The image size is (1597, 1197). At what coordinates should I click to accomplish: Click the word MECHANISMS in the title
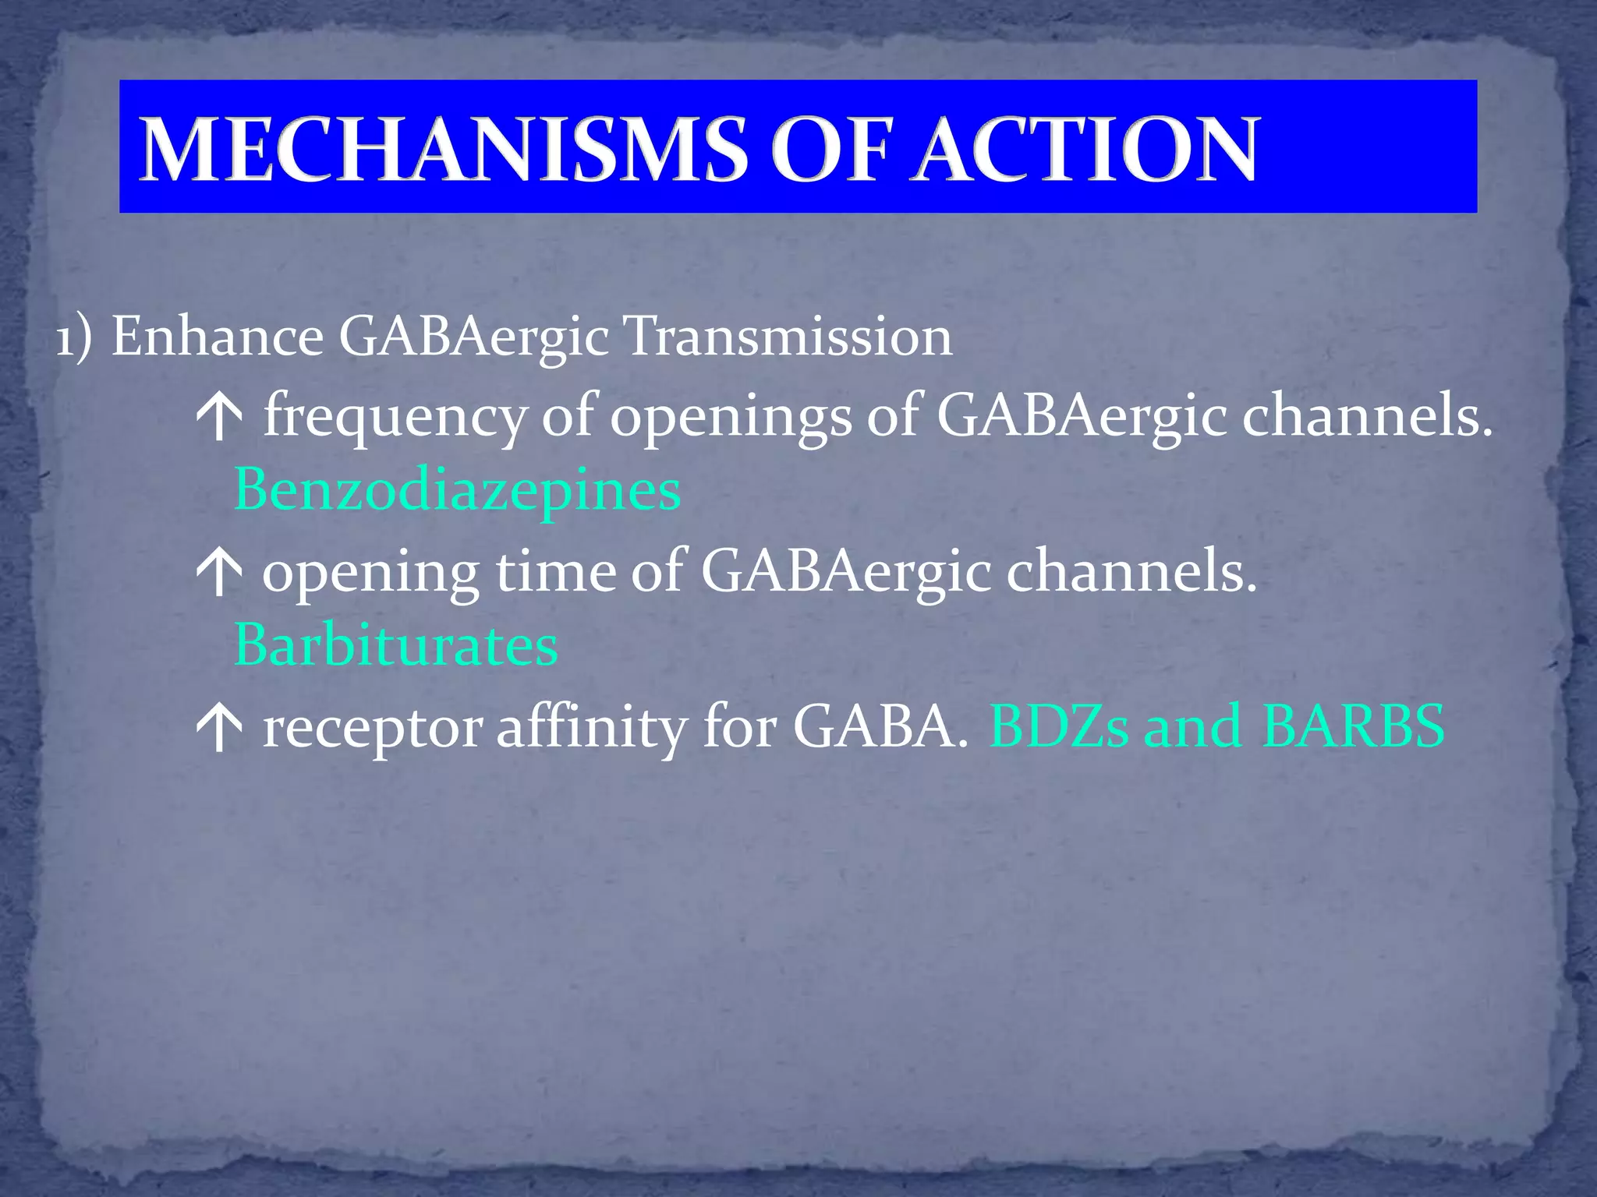[443, 150]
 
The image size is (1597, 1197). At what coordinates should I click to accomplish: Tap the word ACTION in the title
[1085, 150]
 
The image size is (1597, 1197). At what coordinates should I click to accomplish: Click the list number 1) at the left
[74, 337]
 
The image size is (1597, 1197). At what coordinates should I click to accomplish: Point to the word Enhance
[218, 337]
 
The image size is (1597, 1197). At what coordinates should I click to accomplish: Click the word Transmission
[788, 337]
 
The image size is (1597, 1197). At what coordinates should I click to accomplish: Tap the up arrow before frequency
[220, 418]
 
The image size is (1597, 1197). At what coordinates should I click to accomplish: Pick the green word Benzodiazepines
[457, 491]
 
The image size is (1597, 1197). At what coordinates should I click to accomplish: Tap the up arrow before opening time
[220, 574]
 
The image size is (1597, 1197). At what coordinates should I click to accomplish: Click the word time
[555, 572]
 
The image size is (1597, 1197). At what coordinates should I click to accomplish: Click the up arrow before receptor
[220, 729]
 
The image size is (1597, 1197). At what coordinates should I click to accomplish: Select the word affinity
[591, 728]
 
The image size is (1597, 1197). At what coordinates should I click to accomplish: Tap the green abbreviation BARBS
[1353, 726]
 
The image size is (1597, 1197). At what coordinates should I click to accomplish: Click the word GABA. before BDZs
[880, 726]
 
